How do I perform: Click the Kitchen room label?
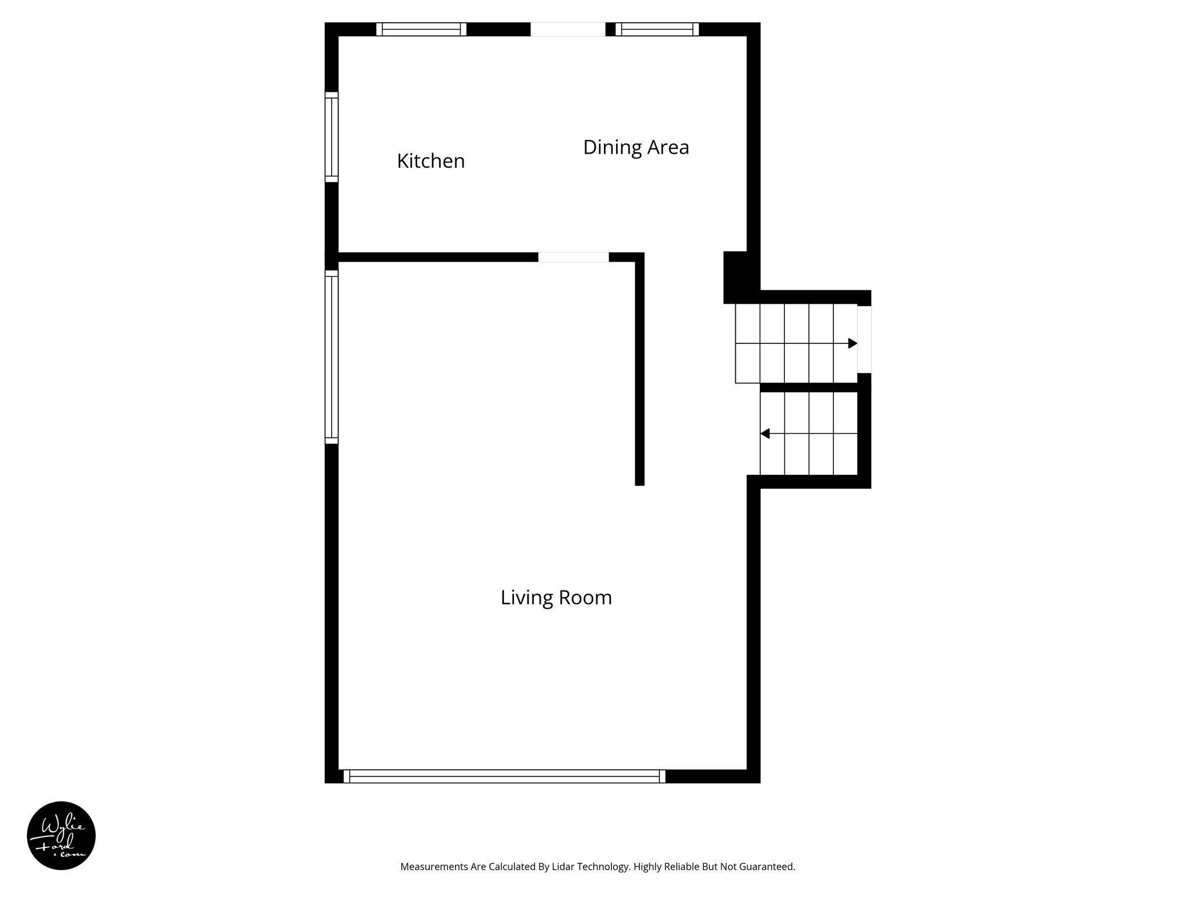pyautogui.click(x=431, y=161)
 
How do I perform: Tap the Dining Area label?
pyautogui.click(x=636, y=147)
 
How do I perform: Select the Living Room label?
pyautogui.click(x=556, y=597)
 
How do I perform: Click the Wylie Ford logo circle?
pyautogui.click(x=61, y=836)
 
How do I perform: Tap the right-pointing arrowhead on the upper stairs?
pyautogui.click(x=853, y=343)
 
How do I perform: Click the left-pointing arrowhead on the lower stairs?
pyautogui.click(x=765, y=434)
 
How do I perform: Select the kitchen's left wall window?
pyautogui.click(x=332, y=137)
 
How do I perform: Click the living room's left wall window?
pyautogui.click(x=332, y=357)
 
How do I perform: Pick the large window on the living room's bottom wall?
pyautogui.click(x=505, y=776)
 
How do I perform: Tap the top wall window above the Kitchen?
pyautogui.click(x=421, y=29)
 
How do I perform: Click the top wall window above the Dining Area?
pyautogui.click(x=657, y=29)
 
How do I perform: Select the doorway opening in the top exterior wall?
pyautogui.click(x=568, y=29)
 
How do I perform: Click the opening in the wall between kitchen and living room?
pyautogui.click(x=573, y=257)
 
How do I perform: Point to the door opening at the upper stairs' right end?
pyautogui.click(x=864, y=339)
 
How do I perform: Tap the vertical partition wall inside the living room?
pyautogui.click(x=639, y=374)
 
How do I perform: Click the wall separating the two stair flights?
pyautogui.click(x=809, y=387)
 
